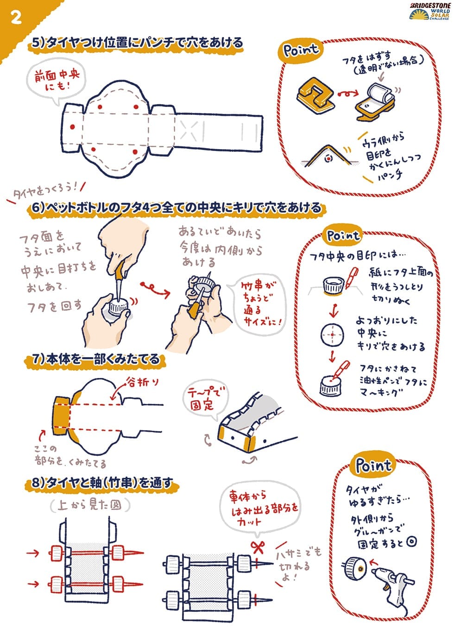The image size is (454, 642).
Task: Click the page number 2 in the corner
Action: point(16,18)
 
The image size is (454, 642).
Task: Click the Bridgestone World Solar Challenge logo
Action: point(429,12)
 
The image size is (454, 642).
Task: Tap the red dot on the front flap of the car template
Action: point(72,126)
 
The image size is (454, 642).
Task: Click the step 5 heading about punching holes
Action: point(136,43)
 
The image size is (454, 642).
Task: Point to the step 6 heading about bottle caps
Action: point(176,208)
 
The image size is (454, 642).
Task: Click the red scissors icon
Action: point(258,548)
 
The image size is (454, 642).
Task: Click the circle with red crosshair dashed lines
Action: point(332,334)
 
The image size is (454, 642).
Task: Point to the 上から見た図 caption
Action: point(90,505)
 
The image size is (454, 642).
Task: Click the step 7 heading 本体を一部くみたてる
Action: point(95,359)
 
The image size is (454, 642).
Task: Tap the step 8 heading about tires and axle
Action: point(102,483)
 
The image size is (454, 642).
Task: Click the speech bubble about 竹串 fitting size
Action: point(257,303)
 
